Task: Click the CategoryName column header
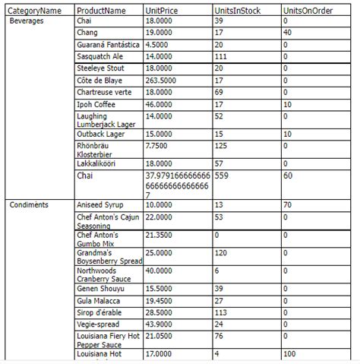[x=35, y=11]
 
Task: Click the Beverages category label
[x=27, y=21]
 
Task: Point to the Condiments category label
[x=29, y=204]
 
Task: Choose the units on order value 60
[x=287, y=175]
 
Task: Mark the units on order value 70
[x=287, y=204]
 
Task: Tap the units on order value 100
[x=289, y=353]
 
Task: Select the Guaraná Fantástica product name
[x=107, y=44]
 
